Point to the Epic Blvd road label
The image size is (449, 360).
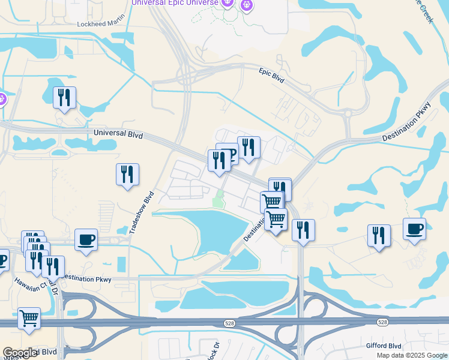click(x=271, y=75)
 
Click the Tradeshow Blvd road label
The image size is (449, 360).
click(x=142, y=212)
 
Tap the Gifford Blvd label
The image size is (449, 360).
click(x=384, y=346)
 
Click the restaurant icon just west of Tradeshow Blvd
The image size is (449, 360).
click(x=127, y=175)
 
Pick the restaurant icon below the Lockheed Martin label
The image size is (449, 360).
click(x=64, y=98)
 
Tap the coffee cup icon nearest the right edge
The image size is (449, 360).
click(x=414, y=229)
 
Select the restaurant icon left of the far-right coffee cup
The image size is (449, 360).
click(x=379, y=235)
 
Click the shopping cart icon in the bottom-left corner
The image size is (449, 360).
click(x=29, y=319)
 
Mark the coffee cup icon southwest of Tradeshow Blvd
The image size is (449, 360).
click(x=86, y=239)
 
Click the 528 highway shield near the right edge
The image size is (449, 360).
click(x=382, y=323)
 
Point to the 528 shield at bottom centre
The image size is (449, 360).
click(x=231, y=323)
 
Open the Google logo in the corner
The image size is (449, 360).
click(x=20, y=353)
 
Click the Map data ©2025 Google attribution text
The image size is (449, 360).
click(x=411, y=355)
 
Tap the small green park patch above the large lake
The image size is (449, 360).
click(x=219, y=199)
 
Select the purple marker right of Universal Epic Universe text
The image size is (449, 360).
click(x=247, y=4)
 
